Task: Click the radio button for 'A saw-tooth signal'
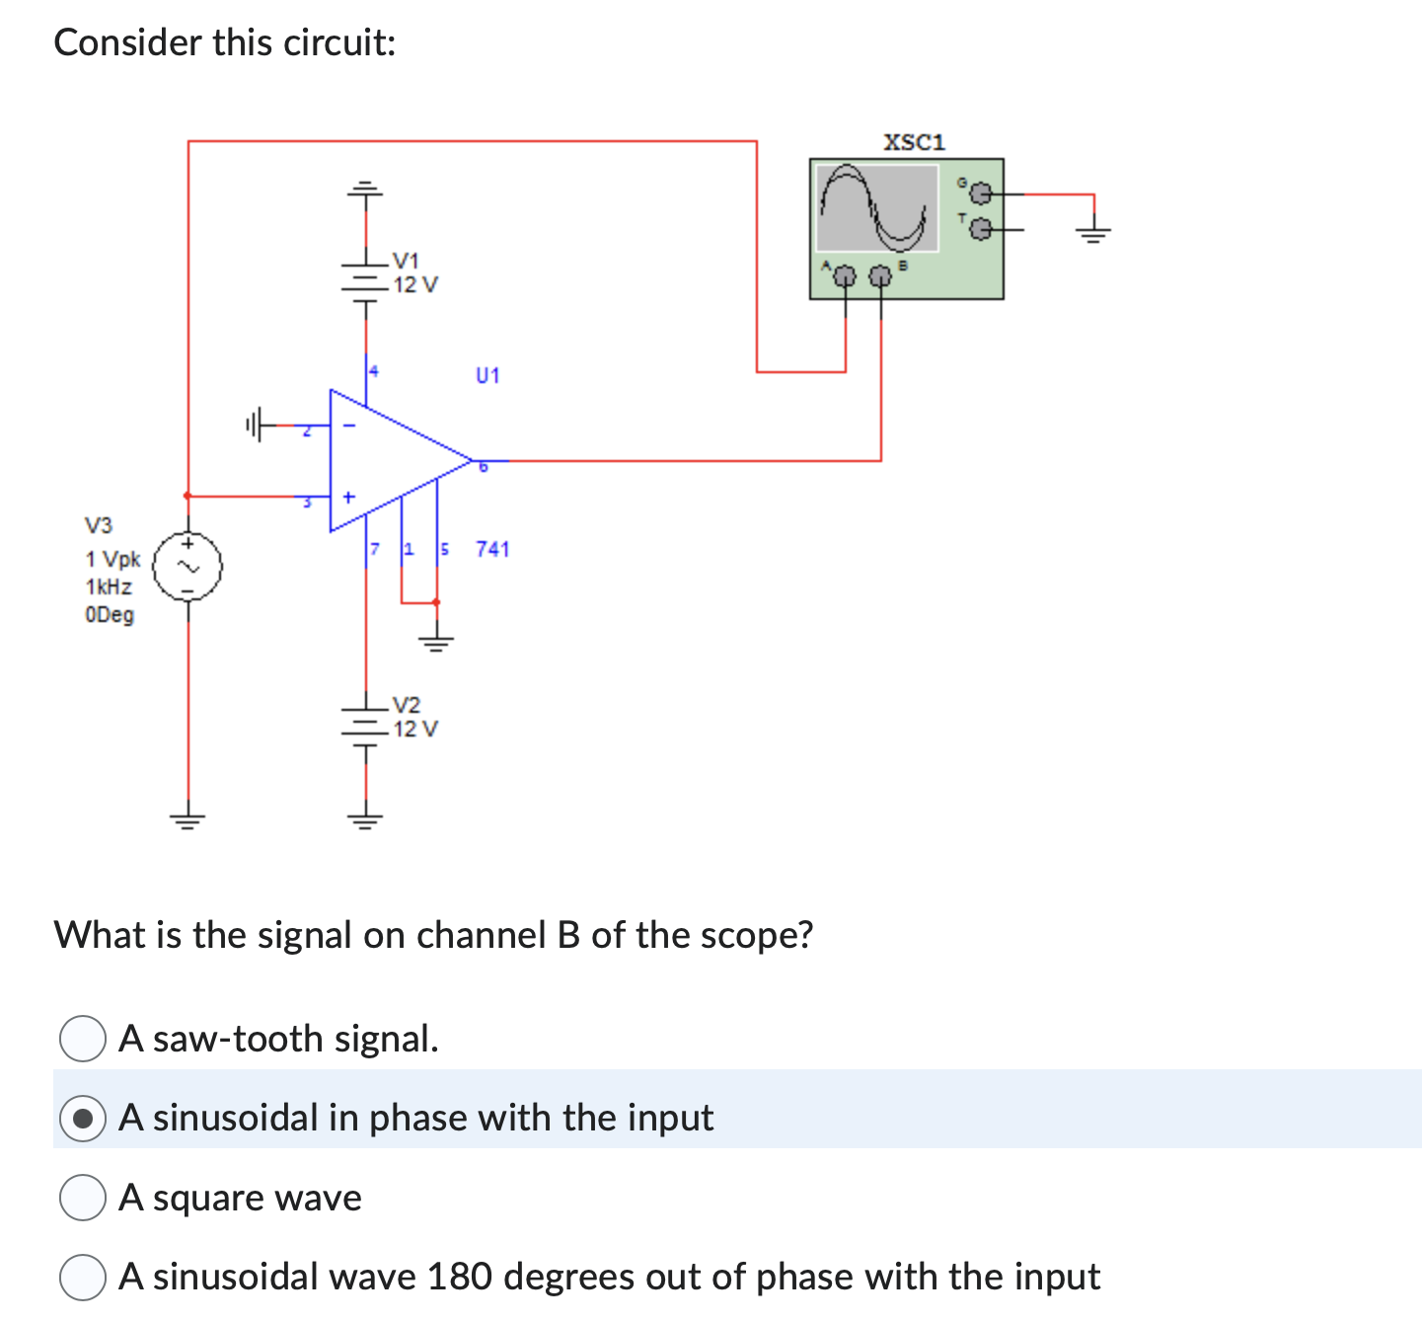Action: click(83, 1039)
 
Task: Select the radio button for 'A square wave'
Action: click(83, 1198)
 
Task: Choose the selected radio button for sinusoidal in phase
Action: click(83, 1119)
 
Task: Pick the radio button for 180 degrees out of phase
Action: click(83, 1277)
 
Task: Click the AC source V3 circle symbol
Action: click(187, 567)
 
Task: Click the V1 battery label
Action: click(406, 261)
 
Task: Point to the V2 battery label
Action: click(406, 705)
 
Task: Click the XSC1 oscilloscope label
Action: click(914, 142)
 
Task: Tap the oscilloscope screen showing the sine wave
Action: click(875, 207)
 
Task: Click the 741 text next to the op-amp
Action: click(492, 549)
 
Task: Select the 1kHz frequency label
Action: click(109, 586)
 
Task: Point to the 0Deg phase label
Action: click(110, 614)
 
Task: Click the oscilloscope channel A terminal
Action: click(844, 276)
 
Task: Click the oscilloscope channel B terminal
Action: click(880, 276)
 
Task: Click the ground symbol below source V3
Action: click(187, 817)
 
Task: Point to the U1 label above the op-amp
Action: click(487, 375)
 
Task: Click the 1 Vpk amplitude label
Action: click(112, 559)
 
